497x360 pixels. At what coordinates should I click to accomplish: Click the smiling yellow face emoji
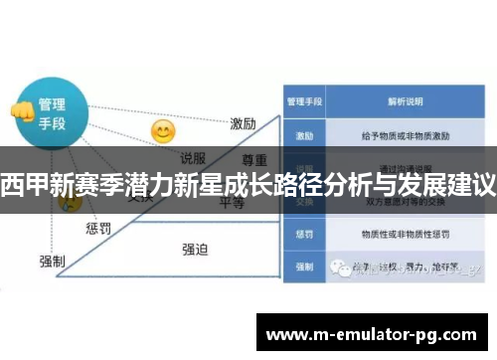pos(162,130)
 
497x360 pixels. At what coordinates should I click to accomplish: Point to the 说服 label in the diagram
pos(193,157)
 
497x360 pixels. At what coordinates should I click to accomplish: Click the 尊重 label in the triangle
pos(254,159)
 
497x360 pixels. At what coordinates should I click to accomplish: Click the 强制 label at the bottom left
pos(52,261)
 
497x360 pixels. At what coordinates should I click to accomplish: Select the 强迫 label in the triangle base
pos(195,249)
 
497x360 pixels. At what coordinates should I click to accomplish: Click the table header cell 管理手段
pos(303,100)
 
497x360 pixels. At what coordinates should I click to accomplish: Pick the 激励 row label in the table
pos(303,133)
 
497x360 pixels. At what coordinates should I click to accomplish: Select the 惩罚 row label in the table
pos(303,236)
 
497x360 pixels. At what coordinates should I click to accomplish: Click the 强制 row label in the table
pos(303,267)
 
